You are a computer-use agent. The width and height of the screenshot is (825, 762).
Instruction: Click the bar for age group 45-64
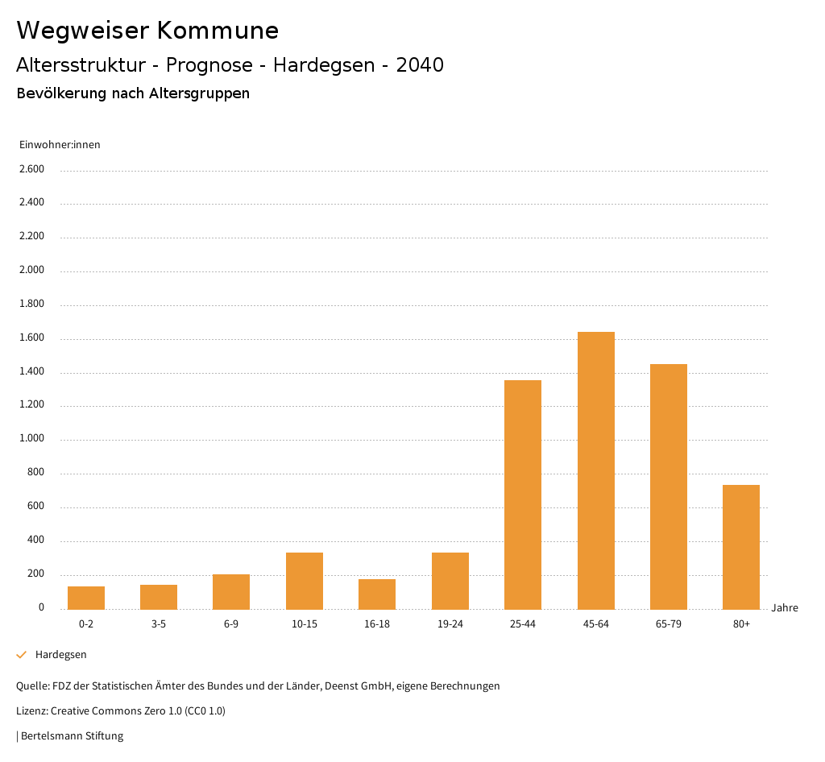[x=595, y=470]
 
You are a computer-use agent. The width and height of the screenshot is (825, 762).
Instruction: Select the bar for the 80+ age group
[x=741, y=547]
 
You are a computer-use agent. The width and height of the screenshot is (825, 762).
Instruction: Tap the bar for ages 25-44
[x=523, y=495]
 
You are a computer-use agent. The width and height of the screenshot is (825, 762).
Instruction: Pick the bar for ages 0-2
[x=86, y=598]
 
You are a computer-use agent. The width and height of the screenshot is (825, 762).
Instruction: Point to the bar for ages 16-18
[x=377, y=594]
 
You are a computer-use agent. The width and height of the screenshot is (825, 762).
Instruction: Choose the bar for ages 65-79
[x=669, y=487]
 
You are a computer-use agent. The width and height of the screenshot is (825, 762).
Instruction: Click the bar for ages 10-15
[x=305, y=581]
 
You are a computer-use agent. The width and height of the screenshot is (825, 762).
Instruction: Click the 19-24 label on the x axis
[x=450, y=624]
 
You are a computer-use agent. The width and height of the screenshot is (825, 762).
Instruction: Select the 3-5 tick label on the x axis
[x=159, y=624]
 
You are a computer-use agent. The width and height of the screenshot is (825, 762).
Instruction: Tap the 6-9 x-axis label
[x=231, y=624]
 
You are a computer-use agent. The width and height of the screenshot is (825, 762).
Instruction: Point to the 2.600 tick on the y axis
[x=31, y=169]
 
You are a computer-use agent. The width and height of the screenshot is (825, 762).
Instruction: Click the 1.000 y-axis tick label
[x=31, y=439]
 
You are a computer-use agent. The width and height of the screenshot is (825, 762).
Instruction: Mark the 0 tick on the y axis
[x=41, y=607]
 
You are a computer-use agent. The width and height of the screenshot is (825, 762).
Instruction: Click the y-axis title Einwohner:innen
[x=60, y=145]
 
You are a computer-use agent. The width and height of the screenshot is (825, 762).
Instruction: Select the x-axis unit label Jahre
[x=785, y=608]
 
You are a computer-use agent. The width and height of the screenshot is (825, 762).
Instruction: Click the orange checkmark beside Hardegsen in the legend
[x=22, y=655]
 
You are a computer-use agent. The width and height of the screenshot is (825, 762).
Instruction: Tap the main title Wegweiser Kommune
[x=147, y=31]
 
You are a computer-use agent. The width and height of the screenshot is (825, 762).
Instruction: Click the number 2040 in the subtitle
[x=420, y=65]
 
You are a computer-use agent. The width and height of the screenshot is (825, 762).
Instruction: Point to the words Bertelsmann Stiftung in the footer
[x=72, y=735]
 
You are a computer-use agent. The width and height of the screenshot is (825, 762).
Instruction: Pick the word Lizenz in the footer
[x=31, y=711]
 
